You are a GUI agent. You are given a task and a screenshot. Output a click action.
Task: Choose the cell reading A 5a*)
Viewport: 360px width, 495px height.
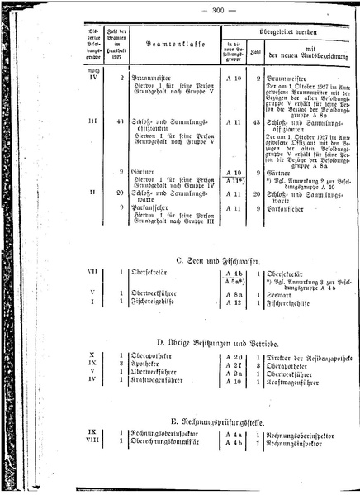pyautogui.click(x=234, y=281)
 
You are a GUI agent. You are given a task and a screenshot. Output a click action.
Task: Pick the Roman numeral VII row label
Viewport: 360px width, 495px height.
pyautogui.click(x=93, y=272)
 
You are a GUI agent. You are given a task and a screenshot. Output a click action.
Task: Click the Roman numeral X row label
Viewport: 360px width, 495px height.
pyautogui.click(x=93, y=355)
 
